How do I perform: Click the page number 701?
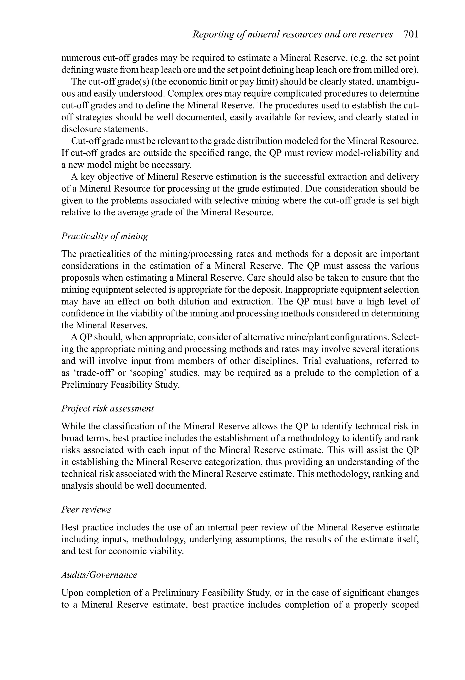click(411, 35)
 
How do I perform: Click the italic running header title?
click(292, 35)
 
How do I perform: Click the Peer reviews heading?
click(86, 509)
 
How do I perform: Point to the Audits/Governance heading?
click(99, 575)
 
